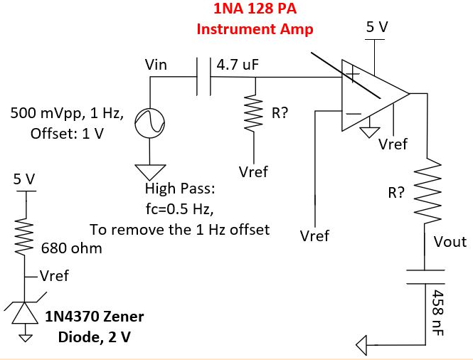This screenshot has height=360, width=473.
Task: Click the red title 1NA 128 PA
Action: [x=255, y=11]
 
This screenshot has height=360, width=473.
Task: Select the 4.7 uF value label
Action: [x=238, y=65]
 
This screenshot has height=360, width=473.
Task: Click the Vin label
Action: [x=156, y=65]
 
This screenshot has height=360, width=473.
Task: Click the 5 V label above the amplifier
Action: [x=377, y=27]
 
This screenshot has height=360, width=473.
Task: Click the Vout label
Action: [x=450, y=242]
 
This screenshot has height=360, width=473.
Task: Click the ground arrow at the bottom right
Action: [x=363, y=346]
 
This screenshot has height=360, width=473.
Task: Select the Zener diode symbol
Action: [x=25, y=313]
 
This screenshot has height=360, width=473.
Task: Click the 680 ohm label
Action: [x=72, y=248]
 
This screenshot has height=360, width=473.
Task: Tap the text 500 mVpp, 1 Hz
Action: [x=68, y=114]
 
